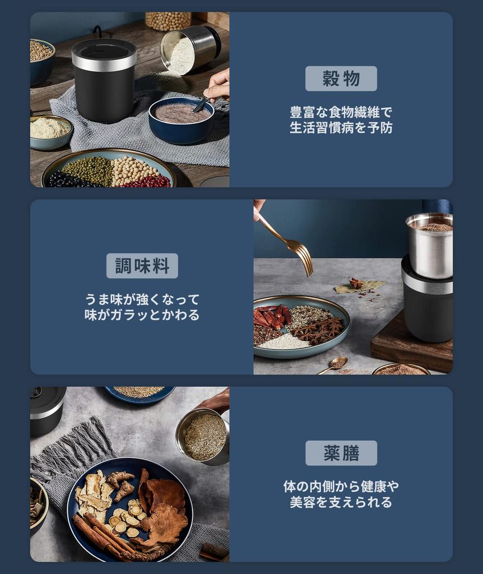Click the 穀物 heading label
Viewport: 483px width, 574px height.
coord(341,78)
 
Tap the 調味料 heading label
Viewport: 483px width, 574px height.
coord(142,266)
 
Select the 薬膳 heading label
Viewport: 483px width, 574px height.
coord(341,453)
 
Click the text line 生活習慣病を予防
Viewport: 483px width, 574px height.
coord(341,128)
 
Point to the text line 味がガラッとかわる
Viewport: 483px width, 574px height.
coord(142,315)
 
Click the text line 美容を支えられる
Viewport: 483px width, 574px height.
coord(341,502)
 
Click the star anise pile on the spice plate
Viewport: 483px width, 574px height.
coord(318,331)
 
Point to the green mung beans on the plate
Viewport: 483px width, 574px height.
coord(87,169)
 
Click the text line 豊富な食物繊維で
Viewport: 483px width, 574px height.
coord(341,112)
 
